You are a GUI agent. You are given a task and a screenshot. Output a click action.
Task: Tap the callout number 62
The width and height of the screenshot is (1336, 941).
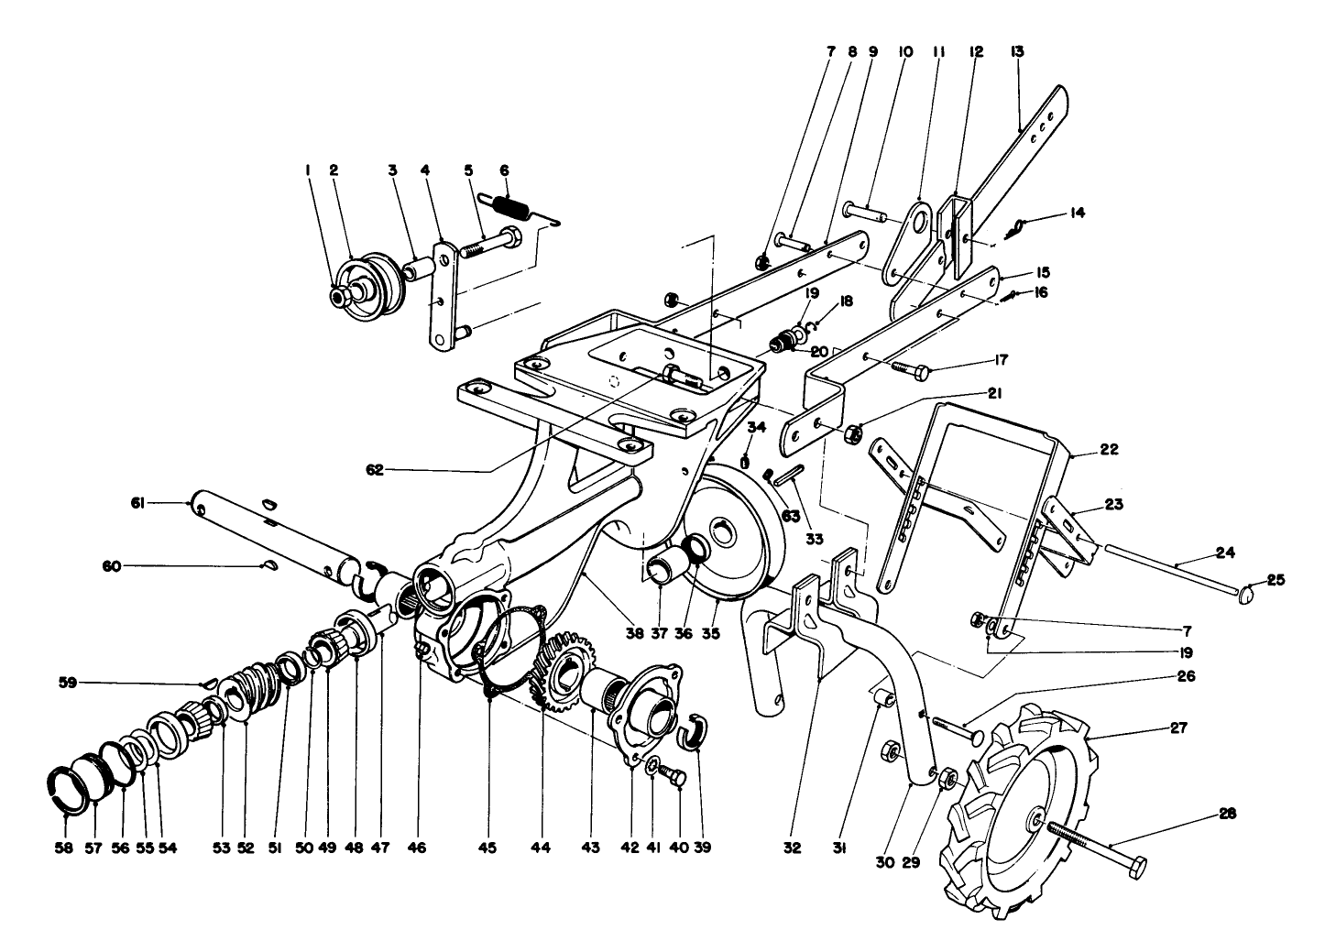click(374, 470)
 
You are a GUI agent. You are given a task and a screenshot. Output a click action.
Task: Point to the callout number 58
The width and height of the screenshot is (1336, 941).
click(61, 848)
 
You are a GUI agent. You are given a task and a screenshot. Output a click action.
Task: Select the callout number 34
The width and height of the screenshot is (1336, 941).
click(755, 426)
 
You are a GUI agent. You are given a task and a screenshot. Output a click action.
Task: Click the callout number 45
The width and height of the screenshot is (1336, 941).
click(487, 848)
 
